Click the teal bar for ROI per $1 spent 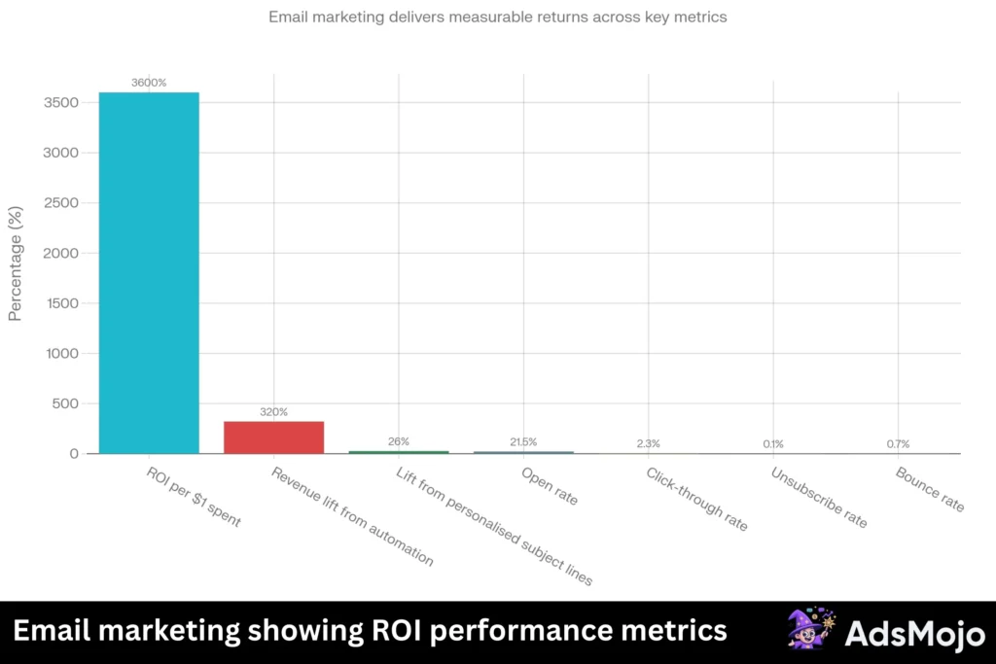coord(149,272)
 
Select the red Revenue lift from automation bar coord(273,437)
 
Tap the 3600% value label coord(149,83)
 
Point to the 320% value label coord(273,412)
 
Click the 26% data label coord(399,441)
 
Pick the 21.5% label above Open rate coord(523,442)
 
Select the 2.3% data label coord(648,443)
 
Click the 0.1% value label coord(773,444)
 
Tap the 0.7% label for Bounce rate coord(898,444)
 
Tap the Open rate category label coord(550,487)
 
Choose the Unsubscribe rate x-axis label coord(818,498)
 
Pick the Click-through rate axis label coord(696,499)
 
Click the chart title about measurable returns coord(497,17)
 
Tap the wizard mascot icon coord(810,631)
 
